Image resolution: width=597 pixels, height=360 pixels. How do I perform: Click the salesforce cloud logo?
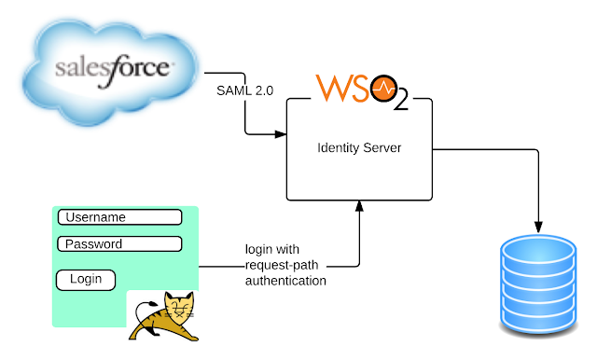pyautogui.click(x=110, y=73)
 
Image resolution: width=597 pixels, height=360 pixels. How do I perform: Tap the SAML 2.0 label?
pyautogui.click(x=244, y=90)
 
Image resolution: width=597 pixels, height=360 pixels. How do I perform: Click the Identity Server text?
pyautogui.click(x=359, y=147)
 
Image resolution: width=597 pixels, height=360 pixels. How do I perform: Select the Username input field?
pyautogui.click(x=120, y=217)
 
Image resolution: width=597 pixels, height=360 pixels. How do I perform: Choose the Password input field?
pyautogui.click(x=120, y=244)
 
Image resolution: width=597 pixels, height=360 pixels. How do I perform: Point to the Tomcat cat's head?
pyautogui.click(x=180, y=306)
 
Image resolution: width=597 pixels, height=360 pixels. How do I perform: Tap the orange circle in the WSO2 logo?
pyautogui.click(x=383, y=89)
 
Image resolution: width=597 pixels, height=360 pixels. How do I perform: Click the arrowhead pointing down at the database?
pyautogui.click(x=538, y=227)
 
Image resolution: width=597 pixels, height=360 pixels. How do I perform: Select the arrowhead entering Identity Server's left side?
pyautogui.click(x=281, y=134)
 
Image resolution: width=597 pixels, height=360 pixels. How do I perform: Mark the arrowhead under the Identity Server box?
pyautogui.click(x=359, y=206)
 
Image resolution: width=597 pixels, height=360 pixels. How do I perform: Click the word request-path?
pyautogui.click(x=282, y=265)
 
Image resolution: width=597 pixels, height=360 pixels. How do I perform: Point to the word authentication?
pyautogui.click(x=285, y=281)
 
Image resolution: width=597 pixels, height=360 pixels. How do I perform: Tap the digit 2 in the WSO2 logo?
pyautogui.click(x=400, y=99)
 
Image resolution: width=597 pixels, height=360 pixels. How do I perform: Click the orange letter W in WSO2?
pyautogui.click(x=331, y=89)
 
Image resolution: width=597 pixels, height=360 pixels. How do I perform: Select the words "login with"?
pyautogui.click(x=272, y=249)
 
